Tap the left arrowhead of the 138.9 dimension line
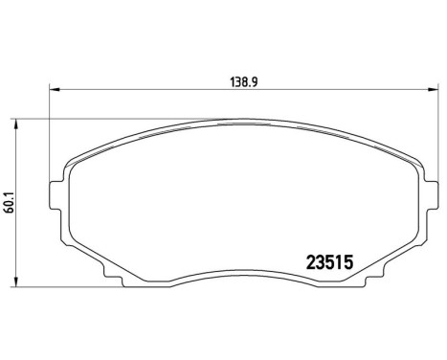[x=54, y=91]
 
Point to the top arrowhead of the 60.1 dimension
[x=24, y=124]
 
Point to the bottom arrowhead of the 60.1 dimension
[x=24, y=284]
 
